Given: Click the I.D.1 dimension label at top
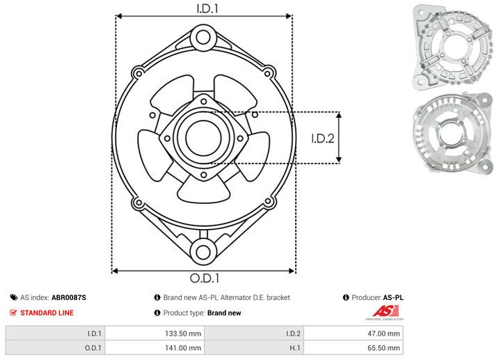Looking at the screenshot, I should click(x=204, y=9).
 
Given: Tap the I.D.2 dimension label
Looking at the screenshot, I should click(x=323, y=138).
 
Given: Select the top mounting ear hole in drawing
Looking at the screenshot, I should click(x=203, y=36).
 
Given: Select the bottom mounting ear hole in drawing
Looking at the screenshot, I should click(x=203, y=251).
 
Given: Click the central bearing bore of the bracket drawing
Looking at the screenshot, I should click(x=203, y=136).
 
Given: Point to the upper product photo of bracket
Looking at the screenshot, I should click(x=450, y=46).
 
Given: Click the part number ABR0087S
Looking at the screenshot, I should click(x=69, y=297).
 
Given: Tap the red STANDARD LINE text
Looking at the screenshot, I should click(x=46, y=313).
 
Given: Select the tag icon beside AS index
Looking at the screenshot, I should click(x=13, y=297).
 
